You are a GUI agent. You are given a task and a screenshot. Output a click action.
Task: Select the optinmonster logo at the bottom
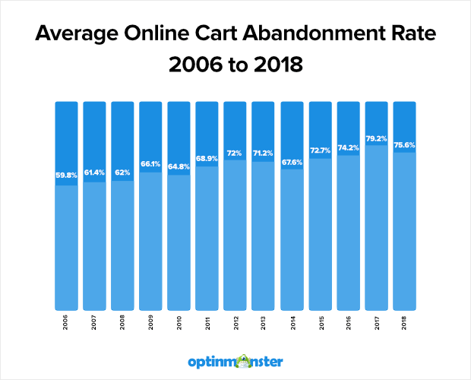[x=235, y=359]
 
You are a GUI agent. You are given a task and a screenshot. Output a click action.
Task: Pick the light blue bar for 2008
[x=123, y=243]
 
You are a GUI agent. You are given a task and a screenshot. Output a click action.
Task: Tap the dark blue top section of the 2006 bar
[x=67, y=137]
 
